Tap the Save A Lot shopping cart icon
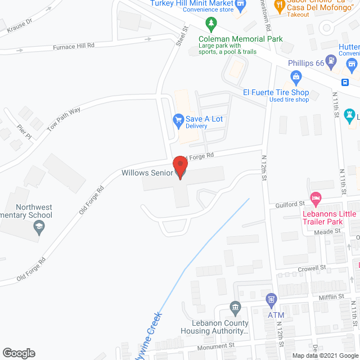pyautogui.click(x=178, y=119)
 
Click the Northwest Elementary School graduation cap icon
pyautogui.click(x=39, y=227)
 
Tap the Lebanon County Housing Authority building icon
pyautogui.click(x=235, y=307)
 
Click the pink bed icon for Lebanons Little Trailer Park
pyautogui.click(x=316, y=198)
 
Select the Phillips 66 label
pyautogui.click(x=306, y=64)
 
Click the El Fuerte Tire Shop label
pyautogui.click(x=276, y=92)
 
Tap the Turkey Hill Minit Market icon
pyautogui.click(x=241, y=4)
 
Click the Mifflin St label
pyautogui.click(x=332, y=296)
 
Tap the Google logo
pyautogui.click(x=18, y=353)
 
